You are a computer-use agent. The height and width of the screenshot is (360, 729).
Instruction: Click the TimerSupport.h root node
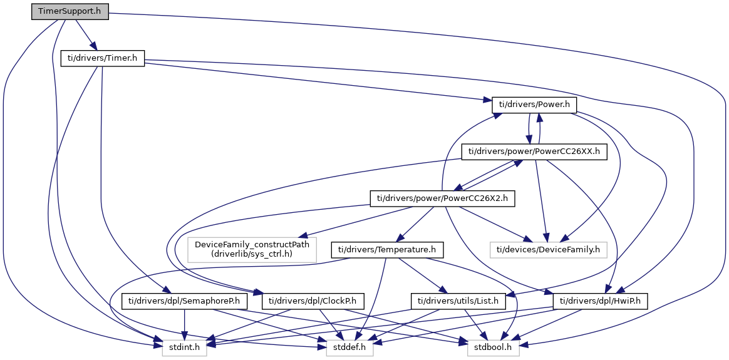pos(70,11)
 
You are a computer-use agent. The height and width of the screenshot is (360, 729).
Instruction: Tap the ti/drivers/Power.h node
pos(534,105)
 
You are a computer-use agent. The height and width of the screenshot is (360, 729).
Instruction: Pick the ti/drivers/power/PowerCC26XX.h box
pos(534,152)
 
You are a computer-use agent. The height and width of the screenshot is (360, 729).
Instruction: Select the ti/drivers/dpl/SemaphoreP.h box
pos(185,301)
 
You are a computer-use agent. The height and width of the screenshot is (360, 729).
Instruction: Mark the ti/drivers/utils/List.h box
pos(458,301)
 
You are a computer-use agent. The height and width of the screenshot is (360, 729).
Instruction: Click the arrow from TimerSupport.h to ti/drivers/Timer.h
pos(83,35)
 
